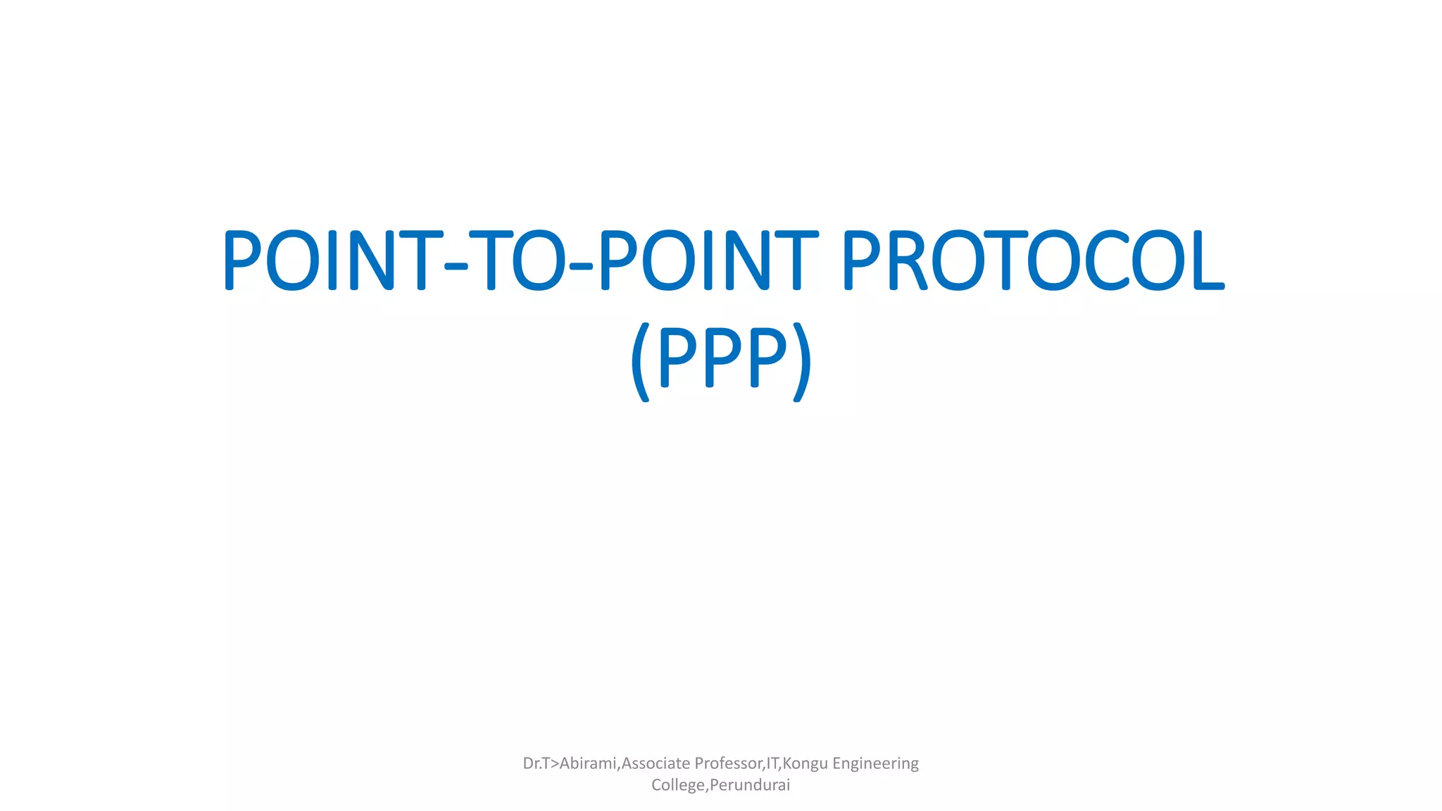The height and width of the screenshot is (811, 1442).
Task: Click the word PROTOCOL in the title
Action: [1033, 260]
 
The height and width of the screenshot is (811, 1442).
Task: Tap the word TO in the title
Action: [518, 260]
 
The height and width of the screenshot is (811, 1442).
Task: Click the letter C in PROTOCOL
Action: [1108, 260]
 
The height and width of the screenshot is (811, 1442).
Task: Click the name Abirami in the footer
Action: [588, 763]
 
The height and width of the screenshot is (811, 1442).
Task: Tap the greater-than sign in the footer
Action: [554, 764]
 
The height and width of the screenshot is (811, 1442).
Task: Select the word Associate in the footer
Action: [656, 763]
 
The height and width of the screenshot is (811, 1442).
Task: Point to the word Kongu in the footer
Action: [805, 764]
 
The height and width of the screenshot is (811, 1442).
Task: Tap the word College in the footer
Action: [677, 785]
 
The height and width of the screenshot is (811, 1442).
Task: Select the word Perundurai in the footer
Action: [750, 785]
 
